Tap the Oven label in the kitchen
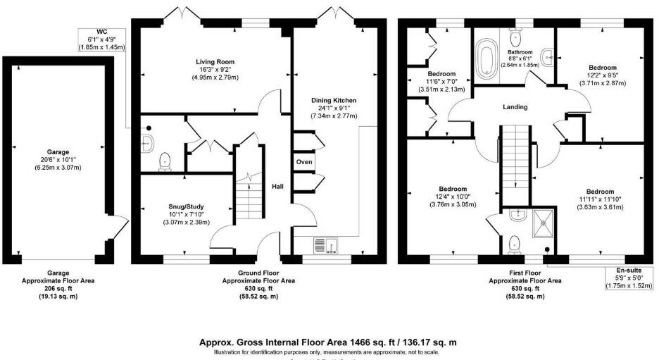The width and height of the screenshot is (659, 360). (x=304, y=162)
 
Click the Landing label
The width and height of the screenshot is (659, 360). (x=516, y=107)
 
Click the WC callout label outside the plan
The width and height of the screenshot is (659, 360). (x=101, y=32)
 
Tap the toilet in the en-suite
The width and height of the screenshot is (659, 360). (x=515, y=242)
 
